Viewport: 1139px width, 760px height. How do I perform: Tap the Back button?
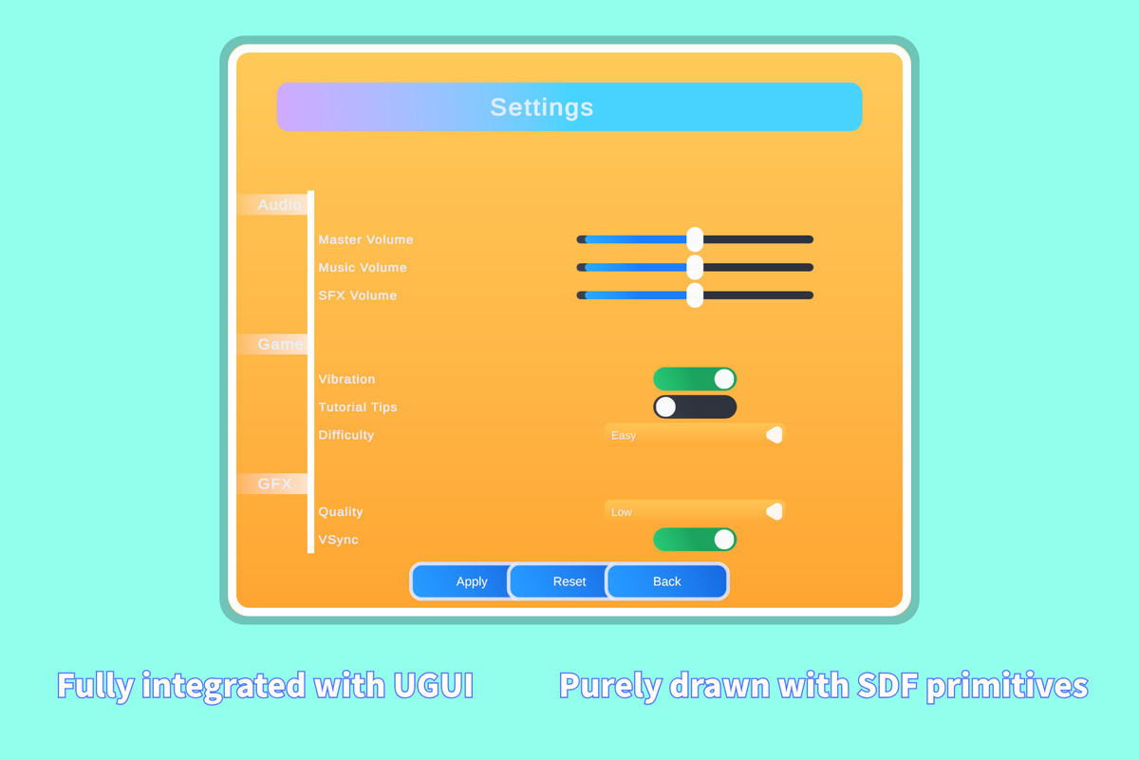click(x=667, y=580)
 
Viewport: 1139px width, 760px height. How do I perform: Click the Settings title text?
click(x=542, y=107)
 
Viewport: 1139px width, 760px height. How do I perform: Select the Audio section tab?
click(x=273, y=204)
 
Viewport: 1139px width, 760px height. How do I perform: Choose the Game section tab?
click(x=273, y=344)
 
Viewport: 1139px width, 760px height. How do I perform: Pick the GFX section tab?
click(x=273, y=484)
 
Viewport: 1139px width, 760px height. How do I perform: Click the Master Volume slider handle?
click(x=695, y=239)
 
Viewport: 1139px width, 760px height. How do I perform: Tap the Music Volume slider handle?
click(x=695, y=267)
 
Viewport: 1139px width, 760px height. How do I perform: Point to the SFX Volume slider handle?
click(x=695, y=295)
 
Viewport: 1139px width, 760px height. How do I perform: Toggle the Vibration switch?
click(x=695, y=379)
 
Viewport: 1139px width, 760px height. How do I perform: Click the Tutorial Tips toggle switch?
click(x=695, y=408)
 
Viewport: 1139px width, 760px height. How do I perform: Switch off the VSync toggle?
click(x=695, y=540)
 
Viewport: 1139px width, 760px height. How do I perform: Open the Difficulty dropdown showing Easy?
click(x=695, y=435)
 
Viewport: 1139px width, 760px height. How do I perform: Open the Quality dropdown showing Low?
click(x=695, y=512)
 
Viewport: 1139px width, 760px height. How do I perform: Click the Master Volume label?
click(x=365, y=239)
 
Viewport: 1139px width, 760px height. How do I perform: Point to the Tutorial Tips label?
click(x=358, y=408)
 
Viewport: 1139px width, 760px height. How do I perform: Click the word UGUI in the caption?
click(x=433, y=685)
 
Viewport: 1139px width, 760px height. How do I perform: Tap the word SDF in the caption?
click(x=887, y=685)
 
